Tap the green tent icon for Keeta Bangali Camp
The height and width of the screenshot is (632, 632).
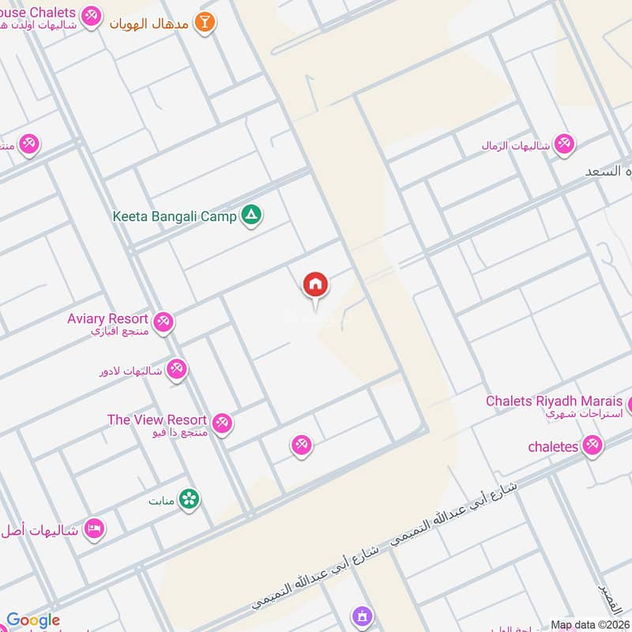251,215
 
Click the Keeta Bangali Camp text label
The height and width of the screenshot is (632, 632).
175,215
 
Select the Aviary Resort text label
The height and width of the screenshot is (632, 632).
107,318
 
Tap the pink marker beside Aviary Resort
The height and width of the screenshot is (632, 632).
164,322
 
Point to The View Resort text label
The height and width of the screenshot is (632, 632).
157,420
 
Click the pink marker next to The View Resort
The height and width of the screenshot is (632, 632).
223,423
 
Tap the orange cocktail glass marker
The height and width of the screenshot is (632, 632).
205,21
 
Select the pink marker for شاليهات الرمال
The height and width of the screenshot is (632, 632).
564,144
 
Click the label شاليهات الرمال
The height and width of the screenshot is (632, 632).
517,145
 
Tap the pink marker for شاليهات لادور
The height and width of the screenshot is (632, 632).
177,369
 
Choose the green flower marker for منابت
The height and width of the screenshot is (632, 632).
189,498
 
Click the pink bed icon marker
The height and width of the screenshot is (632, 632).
94,529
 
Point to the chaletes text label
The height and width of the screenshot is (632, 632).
553,446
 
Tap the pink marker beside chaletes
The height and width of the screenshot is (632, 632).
592,446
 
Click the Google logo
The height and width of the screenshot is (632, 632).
33,621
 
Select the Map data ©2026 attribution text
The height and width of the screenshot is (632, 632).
589,624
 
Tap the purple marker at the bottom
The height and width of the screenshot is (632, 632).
362,615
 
